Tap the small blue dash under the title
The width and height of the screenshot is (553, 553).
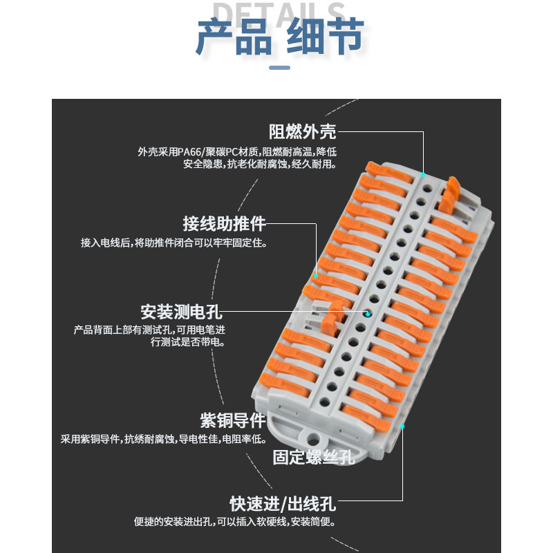[x=279, y=68]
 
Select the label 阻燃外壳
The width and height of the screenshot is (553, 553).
[x=302, y=131]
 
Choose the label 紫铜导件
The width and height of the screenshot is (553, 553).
[x=232, y=420]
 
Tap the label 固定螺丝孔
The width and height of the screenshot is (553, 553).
[x=313, y=457]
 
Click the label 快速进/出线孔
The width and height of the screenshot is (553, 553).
[x=283, y=503]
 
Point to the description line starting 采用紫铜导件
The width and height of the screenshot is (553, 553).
[x=163, y=439]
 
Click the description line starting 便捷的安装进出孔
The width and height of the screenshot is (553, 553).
[x=234, y=522]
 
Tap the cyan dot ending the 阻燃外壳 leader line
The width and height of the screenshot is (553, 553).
[x=423, y=175]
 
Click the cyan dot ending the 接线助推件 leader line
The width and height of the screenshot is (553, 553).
[x=316, y=275]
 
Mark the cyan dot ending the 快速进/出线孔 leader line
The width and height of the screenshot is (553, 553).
[x=402, y=426]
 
